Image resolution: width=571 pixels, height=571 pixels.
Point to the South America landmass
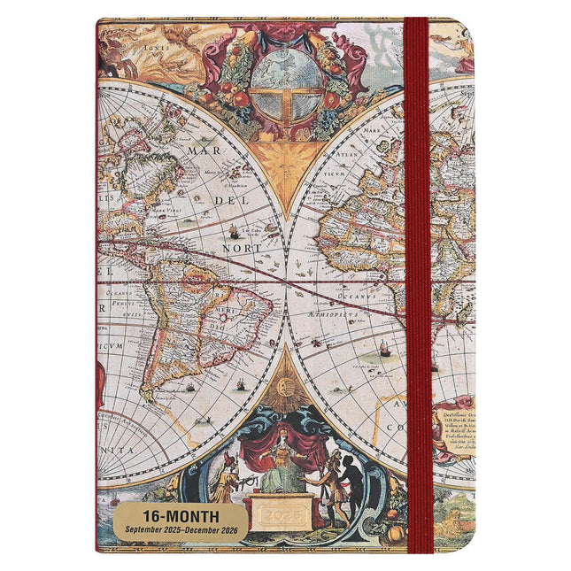click(199, 328)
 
